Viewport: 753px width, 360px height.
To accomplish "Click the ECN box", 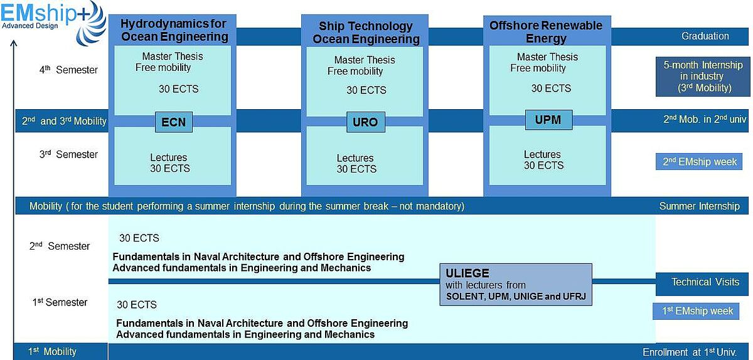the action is (174, 122).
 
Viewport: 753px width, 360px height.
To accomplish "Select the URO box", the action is (366, 122).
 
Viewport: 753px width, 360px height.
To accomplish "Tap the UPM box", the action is (548, 120).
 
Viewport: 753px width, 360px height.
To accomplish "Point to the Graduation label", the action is (705, 36).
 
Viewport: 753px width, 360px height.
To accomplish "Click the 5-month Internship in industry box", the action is (703, 77).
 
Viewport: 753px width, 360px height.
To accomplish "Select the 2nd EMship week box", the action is (699, 162).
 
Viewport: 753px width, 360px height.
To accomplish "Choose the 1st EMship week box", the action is (696, 311).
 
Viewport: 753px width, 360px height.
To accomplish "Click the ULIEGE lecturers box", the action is (516, 285).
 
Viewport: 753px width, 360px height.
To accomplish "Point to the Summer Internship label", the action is (699, 206).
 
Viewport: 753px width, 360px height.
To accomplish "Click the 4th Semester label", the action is (68, 70).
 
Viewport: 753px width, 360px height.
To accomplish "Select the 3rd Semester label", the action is (68, 154).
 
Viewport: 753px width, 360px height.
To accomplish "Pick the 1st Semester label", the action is (60, 302).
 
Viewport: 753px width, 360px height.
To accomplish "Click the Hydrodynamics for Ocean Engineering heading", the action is (174, 30).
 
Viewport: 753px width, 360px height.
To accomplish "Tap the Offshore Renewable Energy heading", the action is (547, 31).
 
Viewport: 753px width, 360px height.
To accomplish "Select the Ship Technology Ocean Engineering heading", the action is (366, 33).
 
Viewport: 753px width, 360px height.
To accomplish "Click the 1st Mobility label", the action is (52, 352).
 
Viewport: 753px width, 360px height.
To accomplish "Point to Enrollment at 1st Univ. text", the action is (690, 352).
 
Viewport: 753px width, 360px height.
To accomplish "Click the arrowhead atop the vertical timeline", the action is (14, 43).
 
